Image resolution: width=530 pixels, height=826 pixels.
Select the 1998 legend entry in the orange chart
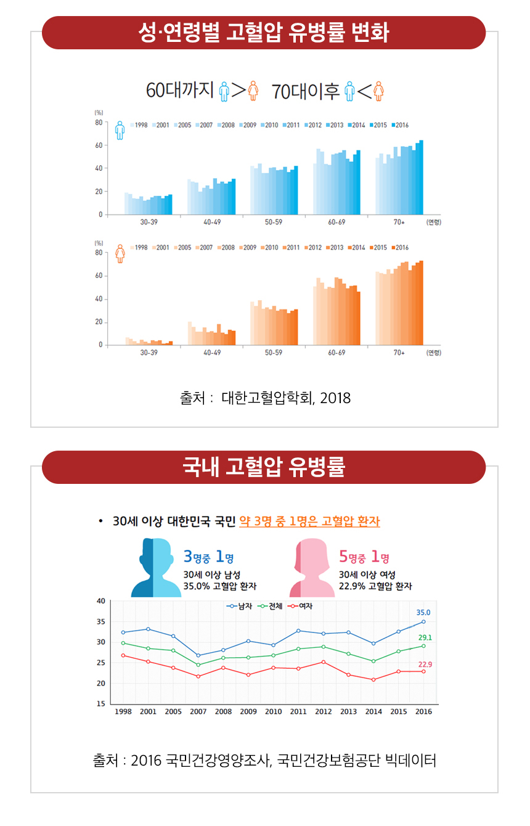tap(139, 248)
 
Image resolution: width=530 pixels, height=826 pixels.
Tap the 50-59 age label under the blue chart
tap(273, 222)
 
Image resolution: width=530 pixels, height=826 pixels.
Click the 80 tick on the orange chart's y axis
tap(98, 253)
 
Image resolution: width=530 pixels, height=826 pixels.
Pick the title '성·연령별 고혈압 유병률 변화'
tap(264, 33)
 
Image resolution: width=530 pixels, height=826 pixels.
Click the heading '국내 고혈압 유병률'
tap(264, 467)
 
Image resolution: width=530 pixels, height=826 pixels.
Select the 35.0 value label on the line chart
tap(423, 613)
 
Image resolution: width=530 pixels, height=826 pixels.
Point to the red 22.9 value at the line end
tap(425, 664)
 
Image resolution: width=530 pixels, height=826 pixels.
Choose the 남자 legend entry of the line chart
tap(238, 606)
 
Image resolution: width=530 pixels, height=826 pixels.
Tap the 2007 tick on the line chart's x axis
tap(198, 711)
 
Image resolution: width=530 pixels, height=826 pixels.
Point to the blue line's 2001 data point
tap(148, 629)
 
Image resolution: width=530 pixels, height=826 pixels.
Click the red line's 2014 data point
tap(373, 680)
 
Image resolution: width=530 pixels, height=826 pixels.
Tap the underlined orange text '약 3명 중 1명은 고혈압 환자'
tap(309, 521)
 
